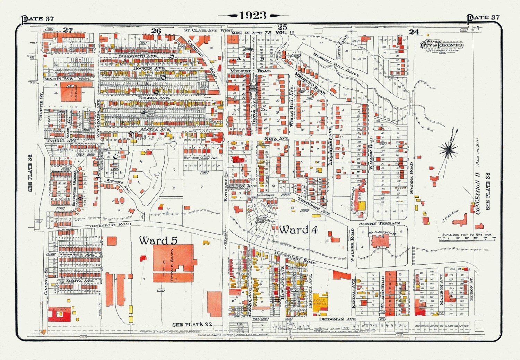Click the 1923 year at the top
click(x=253, y=16)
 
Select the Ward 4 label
click(x=298, y=230)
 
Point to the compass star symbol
click(x=449, y=150)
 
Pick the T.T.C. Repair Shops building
click(x=173, y=259)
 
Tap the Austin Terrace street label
click(x=379, y=223)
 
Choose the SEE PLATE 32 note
click(x=192, y=325)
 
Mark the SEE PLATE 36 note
click(x=30, y=173)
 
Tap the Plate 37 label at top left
click(x=37, y=18)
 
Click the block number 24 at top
click(x=414, y=32)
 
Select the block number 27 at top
click(x=68, y=30)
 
